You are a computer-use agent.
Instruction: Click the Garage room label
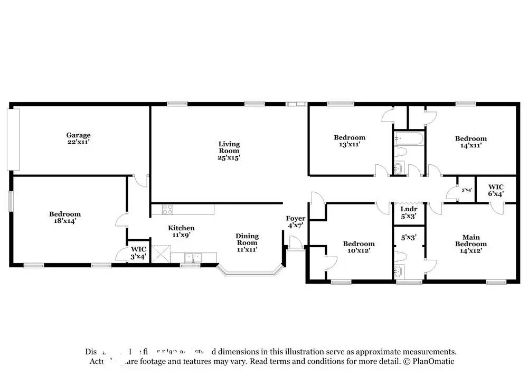coord(78,138)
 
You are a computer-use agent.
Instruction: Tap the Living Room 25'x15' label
coord(229,151)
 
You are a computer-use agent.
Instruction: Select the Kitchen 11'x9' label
coord(181,231)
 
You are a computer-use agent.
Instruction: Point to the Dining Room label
coord(247,243)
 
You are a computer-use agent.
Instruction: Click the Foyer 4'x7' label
coord(295,222)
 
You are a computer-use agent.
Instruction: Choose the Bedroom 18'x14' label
coord(65,218)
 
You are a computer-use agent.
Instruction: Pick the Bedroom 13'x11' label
coord(350,141)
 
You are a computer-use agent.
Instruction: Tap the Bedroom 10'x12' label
coord(359,247)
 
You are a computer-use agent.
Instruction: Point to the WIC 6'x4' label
coord(495,190)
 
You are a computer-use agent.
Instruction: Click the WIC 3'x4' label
coord(138,252)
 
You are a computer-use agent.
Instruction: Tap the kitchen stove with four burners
coord(167,209)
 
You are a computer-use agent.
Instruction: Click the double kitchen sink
coord(193,257)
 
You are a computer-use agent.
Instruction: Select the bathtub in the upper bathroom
coord(408,139)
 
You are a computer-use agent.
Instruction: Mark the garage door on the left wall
coord(15,139)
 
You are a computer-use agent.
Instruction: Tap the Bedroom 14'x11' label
coord(471,142)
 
